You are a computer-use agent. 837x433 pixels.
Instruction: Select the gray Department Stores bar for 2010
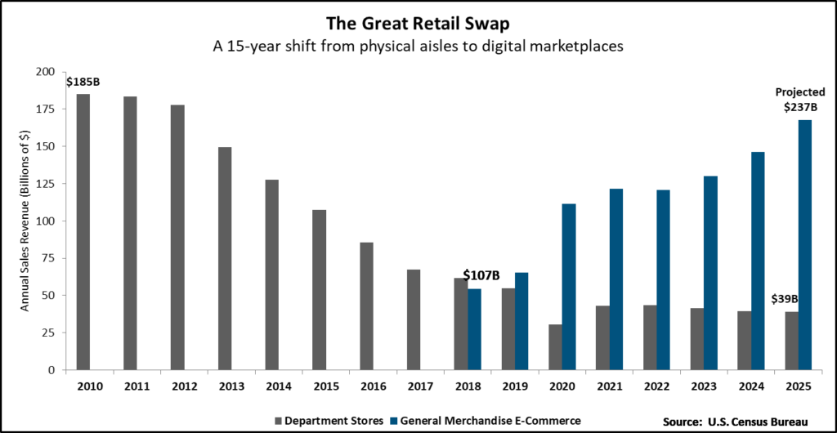click(83, 232)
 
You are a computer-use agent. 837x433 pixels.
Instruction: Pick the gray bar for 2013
click(225, 258)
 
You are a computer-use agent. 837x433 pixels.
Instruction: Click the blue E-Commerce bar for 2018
click(474, 329)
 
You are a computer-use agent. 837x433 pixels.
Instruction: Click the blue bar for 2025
click(804, 245)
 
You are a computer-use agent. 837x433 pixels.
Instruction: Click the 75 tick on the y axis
click(59, 258)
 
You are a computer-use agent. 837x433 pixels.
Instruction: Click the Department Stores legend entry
click(332, 420)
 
